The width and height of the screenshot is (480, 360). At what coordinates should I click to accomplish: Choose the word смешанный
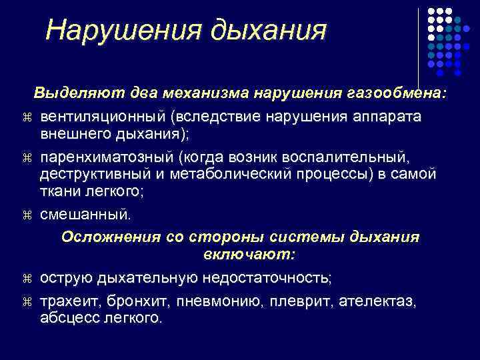pyautogui.click(x=86, y=215)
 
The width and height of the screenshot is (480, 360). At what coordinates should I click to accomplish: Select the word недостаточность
pyautogui.click(x=260, y=277)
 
